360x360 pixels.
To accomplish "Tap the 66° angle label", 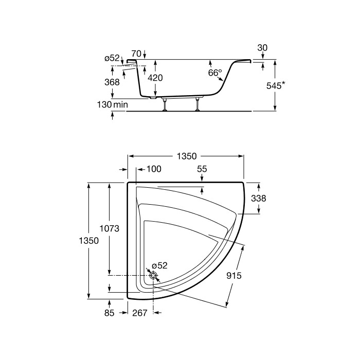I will (214, 73).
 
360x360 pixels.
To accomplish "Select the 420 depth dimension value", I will (155, 78).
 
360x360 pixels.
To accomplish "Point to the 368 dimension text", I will (112, 82).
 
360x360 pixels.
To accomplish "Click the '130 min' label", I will (112, 104).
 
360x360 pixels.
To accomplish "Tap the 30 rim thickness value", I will (262, 48).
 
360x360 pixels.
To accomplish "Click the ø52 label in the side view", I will (113, 59).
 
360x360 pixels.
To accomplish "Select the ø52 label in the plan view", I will (159, 265).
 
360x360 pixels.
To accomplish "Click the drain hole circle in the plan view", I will (153, 276).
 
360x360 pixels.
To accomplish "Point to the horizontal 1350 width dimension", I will (186, 156).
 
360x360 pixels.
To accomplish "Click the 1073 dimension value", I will (110, 229).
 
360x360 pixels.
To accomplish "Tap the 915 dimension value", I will (234, 276).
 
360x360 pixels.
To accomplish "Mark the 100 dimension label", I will (154, 169).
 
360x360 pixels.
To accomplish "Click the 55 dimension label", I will (202, 169).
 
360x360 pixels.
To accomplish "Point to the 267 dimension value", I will (140, 312).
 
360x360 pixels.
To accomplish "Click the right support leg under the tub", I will (197, 103).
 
